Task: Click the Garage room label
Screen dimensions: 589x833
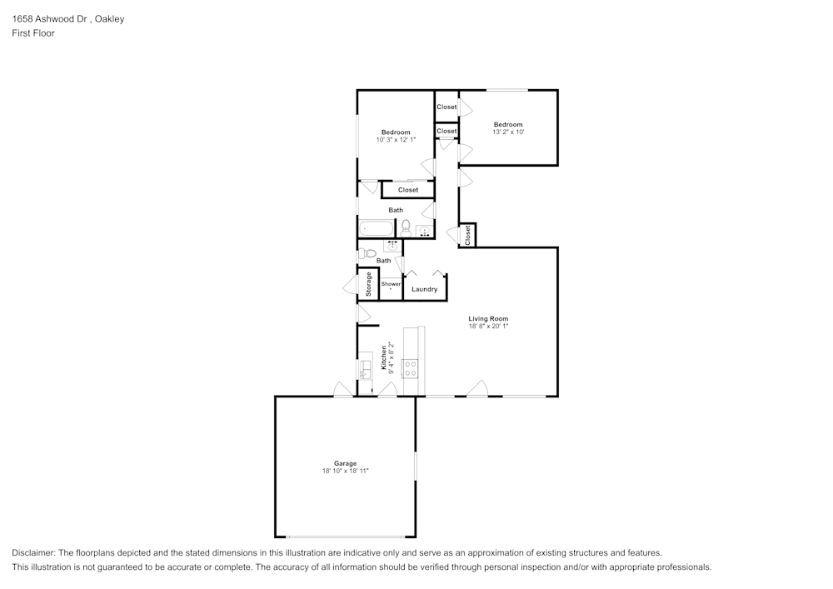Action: click(345, 463)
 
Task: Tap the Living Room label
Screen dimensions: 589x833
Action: click(487, 318)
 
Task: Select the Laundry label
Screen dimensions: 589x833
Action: click(424, 289)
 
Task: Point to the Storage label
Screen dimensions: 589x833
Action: click(369, 284)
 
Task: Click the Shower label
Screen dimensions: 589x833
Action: click(391, 284)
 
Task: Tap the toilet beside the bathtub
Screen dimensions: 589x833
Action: click(406, 227)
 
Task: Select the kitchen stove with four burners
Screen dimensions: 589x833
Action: click(410, 367)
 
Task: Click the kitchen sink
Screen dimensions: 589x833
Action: click(365, 368)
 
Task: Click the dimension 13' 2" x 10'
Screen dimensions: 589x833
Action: click(507, 132)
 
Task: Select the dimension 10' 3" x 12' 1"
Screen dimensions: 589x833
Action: click(395, 140)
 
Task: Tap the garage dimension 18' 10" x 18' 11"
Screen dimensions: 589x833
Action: click(345, 471)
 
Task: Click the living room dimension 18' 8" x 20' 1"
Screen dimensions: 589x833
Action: click(487, 326)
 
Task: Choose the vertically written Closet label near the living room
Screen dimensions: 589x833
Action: click(467, 235)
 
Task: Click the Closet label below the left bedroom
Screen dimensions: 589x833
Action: click(407, 190)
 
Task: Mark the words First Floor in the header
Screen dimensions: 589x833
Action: click(33, 33)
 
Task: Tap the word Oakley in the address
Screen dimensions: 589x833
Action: click(110, 19)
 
